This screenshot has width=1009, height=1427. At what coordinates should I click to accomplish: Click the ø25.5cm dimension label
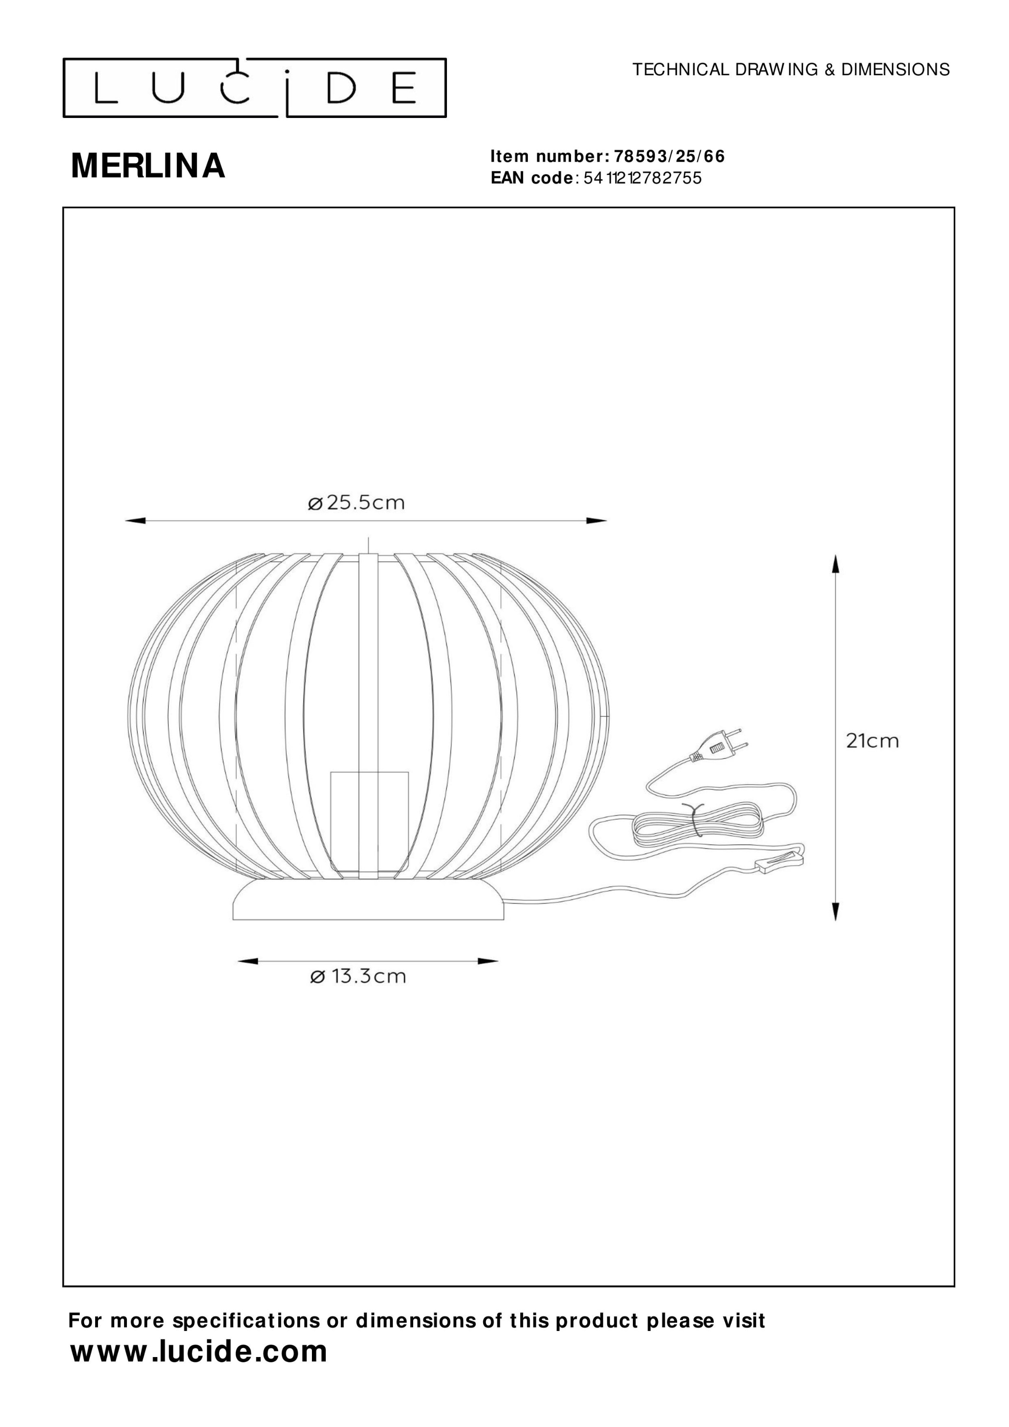tap(356, 502)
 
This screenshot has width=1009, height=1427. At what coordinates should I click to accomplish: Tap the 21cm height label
tap(873, 741)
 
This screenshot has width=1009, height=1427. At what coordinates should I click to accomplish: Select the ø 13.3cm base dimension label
tap(358, 977)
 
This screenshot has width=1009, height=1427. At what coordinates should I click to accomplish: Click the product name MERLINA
tap(148, 166)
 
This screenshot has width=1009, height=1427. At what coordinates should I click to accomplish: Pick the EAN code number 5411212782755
tap(642, 178)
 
